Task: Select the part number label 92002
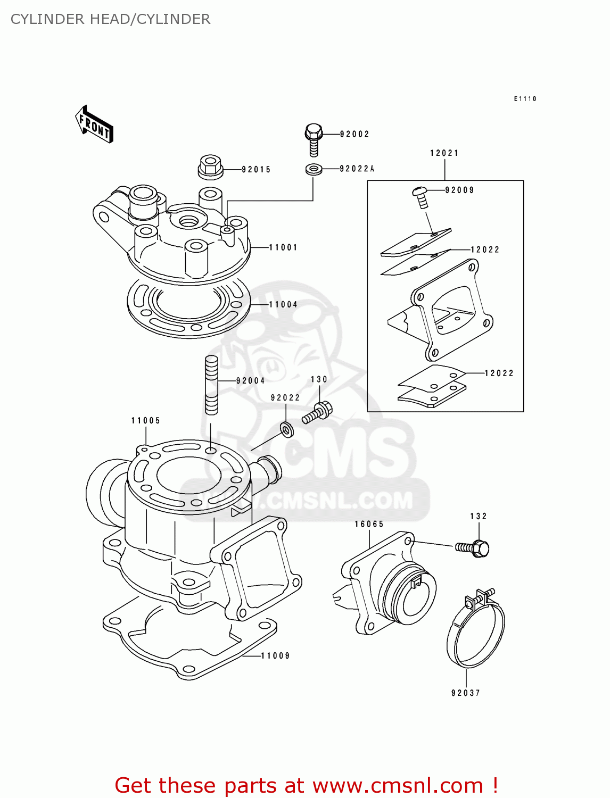pyautogui.click(x=355, y=134)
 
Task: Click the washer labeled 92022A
pyautogui.click(x=314, y=170)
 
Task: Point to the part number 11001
pyautogui.click(x=283, y=247)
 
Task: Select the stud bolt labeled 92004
pyautogui.click(x=211, y=385)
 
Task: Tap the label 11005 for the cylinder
pyautogui.click(x=146, y=420)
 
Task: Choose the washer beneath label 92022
pyautogui.click(x=287, y=429)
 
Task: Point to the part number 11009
pyautogui.click(x=275, y=655)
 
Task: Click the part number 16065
pyautogui.click(x=369, y=524)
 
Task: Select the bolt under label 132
pyautogui.click(x=473, y=548)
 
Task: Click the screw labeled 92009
pyautogui.click(x=421, y=196)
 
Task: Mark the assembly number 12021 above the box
pyautogui.click(x=444, y=153)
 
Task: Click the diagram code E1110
pyautogui.click(x=525, y=99)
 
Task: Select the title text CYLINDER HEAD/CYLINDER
pyautogui.click(x=110, y=19)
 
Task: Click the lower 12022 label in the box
pyautogui.click(x=499, y=373)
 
